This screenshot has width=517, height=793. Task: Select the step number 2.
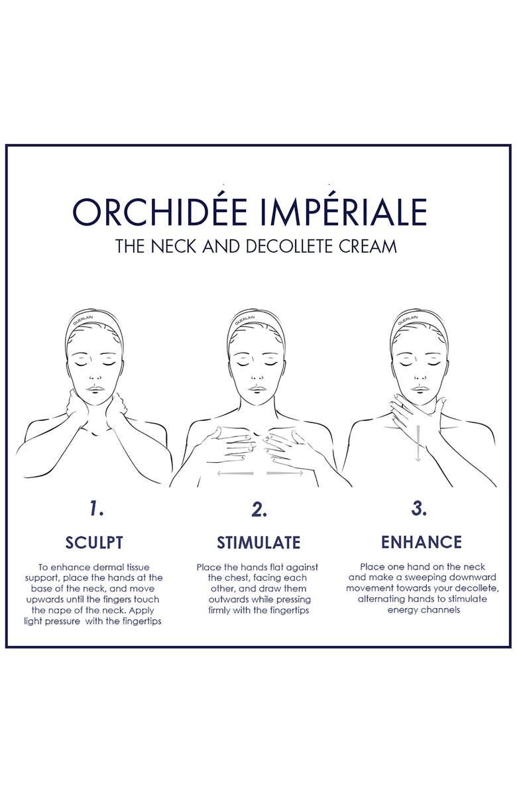click(x=259, y=509)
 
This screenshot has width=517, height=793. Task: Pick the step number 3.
click(x=419, y=509)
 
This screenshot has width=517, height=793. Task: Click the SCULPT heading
click(x=94, y=542)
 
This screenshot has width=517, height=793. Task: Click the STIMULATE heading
click(x=258, y=543)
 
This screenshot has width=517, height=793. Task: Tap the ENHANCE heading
click(x=421, y=542)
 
